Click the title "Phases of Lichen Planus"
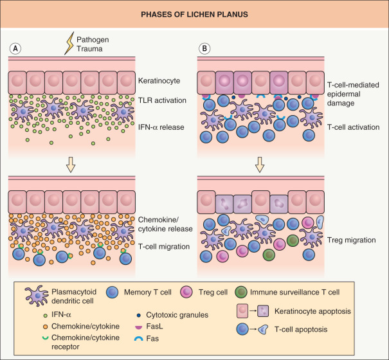click(194, 14)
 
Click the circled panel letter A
click(14, 48)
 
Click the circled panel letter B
click(204, 48)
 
